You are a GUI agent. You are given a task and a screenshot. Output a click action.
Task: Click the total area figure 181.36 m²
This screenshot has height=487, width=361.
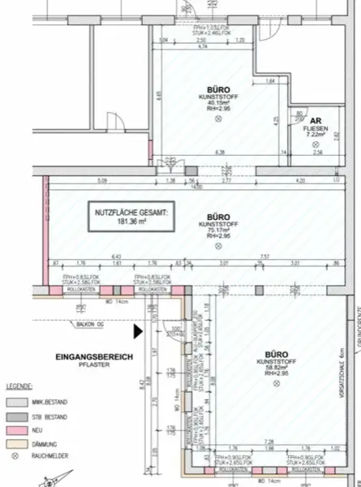click(130, 220)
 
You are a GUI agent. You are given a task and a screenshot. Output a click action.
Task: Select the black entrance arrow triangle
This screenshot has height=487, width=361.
click(138, 331)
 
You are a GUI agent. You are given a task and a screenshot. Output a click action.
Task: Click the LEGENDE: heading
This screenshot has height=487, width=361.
click(20, 386)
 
